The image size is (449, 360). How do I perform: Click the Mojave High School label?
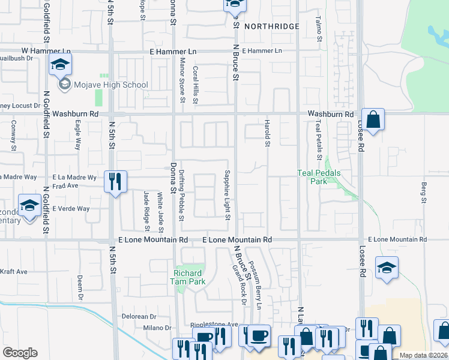[x=110, y=85]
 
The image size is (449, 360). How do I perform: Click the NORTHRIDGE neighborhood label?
[x=271, y=26]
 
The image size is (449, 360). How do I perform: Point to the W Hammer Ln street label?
[x=46, y=52]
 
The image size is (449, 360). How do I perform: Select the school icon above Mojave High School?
[x=61, y=64]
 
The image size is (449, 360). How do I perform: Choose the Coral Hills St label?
[x=195, y=85]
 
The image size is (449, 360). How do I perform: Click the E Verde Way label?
[x=71, y=209]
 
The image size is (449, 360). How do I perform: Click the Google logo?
[x=20, y=353]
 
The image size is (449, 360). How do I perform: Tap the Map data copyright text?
[x=423, y=355]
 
